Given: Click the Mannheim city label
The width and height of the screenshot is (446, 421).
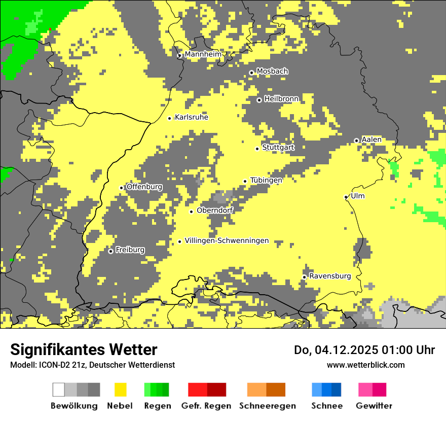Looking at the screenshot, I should pyautogui.click(x=203, y=54).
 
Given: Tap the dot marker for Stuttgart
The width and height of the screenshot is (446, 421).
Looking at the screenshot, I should pyautogui.click(x=257, y=149).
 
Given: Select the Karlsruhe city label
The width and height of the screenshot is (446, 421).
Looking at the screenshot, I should pyautogui.click(x=191, y=117).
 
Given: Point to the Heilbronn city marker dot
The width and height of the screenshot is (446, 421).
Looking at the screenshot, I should pyautogui.click(x=259, y=100).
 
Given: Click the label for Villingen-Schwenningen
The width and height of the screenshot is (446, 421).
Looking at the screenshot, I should pyautogui.click(x=227, y=241).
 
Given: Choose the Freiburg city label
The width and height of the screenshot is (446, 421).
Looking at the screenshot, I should pyautogui.click(x=130, y=250).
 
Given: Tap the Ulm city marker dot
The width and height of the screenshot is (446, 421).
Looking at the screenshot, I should pyautogui.click(x=346, y=197).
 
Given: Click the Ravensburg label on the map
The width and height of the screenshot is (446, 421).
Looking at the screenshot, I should pyautogui.click(x=330, y=276).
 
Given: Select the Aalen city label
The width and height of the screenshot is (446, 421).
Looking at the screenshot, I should pyautogui.click(x=371, y=139).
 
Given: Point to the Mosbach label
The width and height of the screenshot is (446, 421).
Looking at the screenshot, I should pyautogui.click(x=272, y=72).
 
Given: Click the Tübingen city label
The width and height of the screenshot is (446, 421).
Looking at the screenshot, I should pyautogui.click(x=266, y=180).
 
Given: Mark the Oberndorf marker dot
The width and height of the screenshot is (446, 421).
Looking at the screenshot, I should pyautogui.click(x=191, y=212).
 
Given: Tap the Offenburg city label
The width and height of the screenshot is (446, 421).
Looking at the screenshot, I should pyautogui.click(x=144, y=187).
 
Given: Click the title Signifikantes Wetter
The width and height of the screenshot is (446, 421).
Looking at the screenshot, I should pyautogui.click(x=84, y=349).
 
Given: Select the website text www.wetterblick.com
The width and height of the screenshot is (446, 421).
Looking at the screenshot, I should pyautogui.click(x=365, y=365).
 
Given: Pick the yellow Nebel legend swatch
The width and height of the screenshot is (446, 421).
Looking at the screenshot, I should pyautogui.click(x=120, y=390).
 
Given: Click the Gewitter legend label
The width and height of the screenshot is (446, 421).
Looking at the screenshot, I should pyautogui.click(x=374, y=406).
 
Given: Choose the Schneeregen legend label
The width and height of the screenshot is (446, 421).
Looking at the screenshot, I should pyautogui.click(x=267, y=406).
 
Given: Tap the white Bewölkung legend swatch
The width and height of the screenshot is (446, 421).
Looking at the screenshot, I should pyautogui.click(x=58, y=390).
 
